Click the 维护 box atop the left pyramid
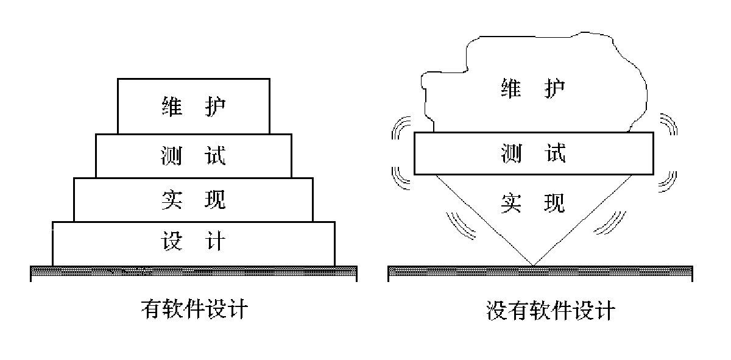(193, 106)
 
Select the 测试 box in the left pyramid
(193, 156)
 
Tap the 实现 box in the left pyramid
(193, 200)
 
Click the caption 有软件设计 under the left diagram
(194, 310)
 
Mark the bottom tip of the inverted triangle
(534, 265)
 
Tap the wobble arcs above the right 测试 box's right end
(668, 124)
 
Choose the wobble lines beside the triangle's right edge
(607, 224)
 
